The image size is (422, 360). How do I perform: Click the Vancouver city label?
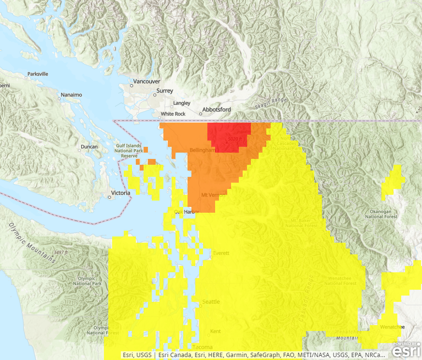click(x=146, y=81)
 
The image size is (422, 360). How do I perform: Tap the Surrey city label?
click(x=164, y=91)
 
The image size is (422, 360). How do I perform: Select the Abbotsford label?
click(x=217, y=110)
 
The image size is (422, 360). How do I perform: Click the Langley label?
click(x=182, y=103)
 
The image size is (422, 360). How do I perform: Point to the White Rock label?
click(x=173, y=114)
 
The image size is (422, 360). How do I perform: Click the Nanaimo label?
click(x=72, y=94)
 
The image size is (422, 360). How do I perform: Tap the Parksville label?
click(x=38, y=74)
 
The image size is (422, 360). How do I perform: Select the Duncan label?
click(x=88, y=147)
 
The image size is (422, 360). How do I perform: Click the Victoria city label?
click(x=120, y=193)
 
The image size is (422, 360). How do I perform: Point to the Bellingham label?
click(x=202, y=150)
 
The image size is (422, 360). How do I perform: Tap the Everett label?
click(x=220, y=253)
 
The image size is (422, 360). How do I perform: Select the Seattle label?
click(x=211, y=302)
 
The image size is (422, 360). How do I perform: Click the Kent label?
click(x=216, y=332)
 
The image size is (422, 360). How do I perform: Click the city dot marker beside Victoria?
click(x=109, y=197)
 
